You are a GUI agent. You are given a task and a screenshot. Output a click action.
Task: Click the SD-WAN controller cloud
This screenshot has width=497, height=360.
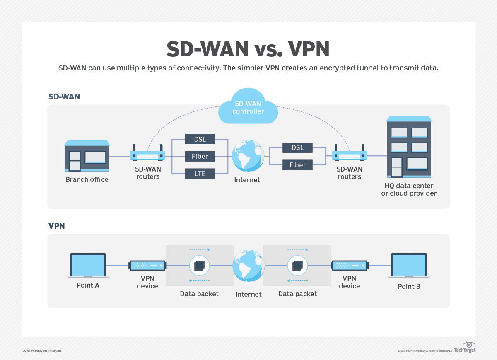[248, 107]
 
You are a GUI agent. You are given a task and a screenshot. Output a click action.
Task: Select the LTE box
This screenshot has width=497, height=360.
[200, 174]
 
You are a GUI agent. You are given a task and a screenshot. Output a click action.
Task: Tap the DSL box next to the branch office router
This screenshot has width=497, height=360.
[200, 139]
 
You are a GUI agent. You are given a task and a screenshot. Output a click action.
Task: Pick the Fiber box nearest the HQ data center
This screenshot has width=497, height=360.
[297, 165]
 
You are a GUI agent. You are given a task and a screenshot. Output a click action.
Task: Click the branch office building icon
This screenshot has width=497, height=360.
[87, 156]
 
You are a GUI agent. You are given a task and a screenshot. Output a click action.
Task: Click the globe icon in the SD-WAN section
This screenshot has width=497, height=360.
[248, 156]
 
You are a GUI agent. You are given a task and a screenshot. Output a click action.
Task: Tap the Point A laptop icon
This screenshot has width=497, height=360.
[88, 266]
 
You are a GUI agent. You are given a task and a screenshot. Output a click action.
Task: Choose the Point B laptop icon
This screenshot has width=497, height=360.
[409, 266]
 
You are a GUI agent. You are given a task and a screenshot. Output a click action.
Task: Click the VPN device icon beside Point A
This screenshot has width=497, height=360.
[147, 266]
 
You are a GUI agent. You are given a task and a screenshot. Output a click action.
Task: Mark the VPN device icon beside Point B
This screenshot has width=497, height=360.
[349, 266]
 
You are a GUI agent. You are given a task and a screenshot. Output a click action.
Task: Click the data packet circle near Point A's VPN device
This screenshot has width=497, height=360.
[199, 265]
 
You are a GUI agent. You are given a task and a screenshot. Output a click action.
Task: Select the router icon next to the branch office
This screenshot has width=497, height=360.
[147, 155]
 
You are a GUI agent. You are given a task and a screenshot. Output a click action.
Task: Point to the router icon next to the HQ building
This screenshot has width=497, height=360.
[349, 155]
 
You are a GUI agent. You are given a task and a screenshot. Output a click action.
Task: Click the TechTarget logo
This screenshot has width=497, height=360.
[465, 348]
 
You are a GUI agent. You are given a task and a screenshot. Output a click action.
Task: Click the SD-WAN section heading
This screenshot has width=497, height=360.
[64, 97]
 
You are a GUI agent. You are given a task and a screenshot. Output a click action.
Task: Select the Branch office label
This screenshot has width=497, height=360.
[87, 180]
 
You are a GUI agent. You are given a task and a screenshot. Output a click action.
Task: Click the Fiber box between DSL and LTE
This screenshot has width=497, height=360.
[200, 156]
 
